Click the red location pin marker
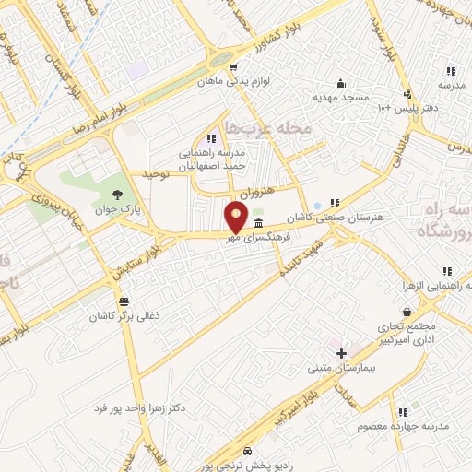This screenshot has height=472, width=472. pyautogui.click(x=237, y=218)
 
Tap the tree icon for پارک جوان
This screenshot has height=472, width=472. pyautogui.click(x=117, y=193)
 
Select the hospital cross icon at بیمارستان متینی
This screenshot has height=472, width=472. pyautogui.click(x=341, y=353)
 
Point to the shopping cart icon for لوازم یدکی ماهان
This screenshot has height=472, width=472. pyautogui.click(x=234, y=66)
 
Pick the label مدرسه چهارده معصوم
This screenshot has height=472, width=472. pyautogui.click(x=402, y=426)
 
